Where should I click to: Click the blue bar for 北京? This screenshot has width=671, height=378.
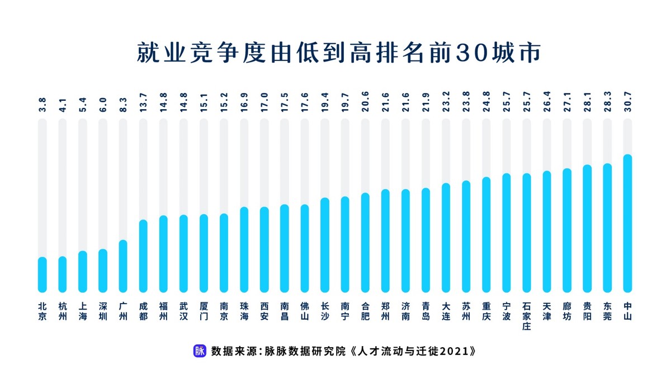[x=42, y=274]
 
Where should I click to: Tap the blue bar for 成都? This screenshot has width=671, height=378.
[x=143, y=256]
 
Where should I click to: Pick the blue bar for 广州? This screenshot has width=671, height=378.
[x=123, y=266]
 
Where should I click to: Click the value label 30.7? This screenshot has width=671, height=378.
[x=627, y=106]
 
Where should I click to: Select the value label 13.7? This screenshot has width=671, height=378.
[x=143, y=106]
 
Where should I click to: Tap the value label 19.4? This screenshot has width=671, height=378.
[x=325, y=106]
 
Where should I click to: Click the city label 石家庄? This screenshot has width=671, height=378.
[x=527, y=316]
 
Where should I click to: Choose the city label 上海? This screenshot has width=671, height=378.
[x=82, y=311]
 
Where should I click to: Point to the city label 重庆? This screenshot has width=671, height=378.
[x=486, y=311]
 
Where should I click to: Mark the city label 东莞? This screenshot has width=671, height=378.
[x=607, y=311]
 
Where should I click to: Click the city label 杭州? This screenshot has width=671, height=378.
[x=62, y=311]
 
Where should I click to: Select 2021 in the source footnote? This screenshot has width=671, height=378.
[x=455, y=351]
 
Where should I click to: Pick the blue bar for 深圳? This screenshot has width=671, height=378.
[x=103, y=270]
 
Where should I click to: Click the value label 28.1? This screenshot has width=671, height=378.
[x=587, y=106]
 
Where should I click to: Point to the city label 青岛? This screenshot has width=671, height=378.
[x=426, y=311]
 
